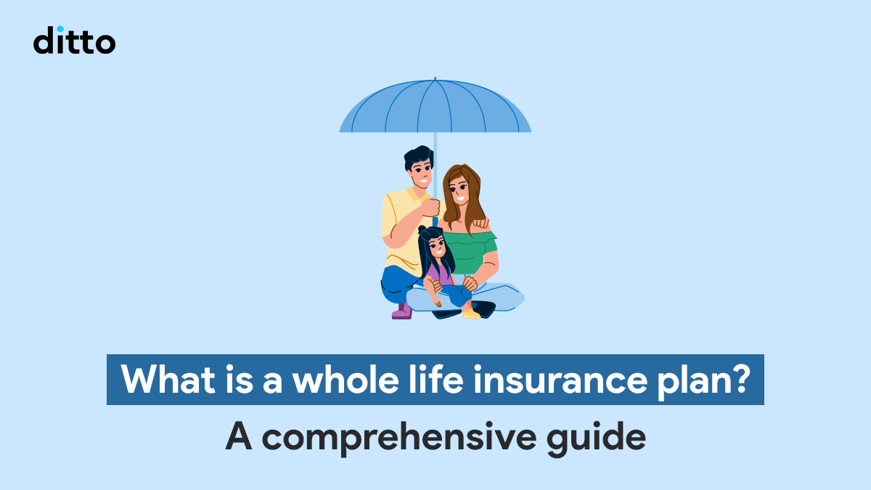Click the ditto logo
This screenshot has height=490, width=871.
(74, 40)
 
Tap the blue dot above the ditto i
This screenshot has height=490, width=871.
(60, 29)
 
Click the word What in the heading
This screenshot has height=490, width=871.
(168, 380)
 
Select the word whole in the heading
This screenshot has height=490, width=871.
(346, 379)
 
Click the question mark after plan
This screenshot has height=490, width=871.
(738, 379)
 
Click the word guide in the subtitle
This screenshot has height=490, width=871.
(596, 438)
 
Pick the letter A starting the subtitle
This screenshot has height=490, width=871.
(238, 436)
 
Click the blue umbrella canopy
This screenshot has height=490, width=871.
(435, 106)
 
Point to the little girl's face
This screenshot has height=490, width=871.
(437, 247)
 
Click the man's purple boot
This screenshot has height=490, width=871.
(402, 311)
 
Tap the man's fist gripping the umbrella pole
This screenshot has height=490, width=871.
(431, 208)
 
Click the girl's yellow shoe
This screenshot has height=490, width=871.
(472, 313)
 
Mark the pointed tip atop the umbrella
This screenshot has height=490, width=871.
(435, 78)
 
